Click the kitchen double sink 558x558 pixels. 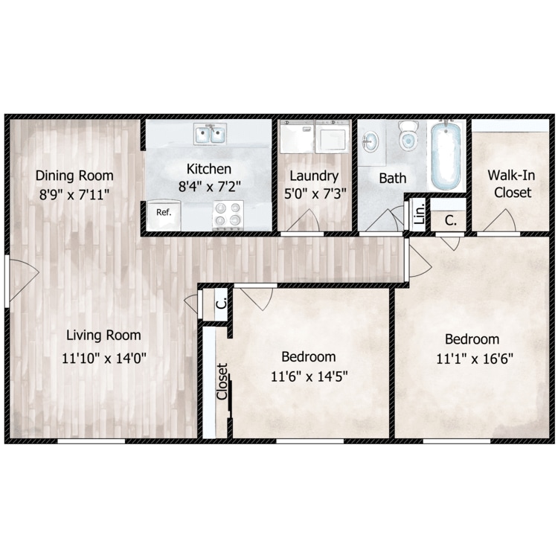coord(211,134)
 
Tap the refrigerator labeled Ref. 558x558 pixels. coord(164,214)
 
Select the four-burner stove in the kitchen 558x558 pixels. coord(228,215)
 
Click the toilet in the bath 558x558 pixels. coord(408,136)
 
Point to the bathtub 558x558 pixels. coord(446,156)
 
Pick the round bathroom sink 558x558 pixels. coord(371,142)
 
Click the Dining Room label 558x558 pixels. coord(74,176)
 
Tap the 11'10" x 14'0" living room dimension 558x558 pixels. coord(104,358)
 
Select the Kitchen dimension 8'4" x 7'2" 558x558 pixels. coord(210,186)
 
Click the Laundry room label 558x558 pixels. coord(314,176)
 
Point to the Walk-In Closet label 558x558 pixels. coord(511,184)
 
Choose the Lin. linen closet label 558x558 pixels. coord(420,214)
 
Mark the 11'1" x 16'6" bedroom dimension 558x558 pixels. coord(475,359)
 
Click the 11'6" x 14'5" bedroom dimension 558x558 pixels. coord(310,376)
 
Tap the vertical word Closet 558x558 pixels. coord(222,381)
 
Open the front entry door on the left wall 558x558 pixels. coord(22,280)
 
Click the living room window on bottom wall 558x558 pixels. coord(92,441)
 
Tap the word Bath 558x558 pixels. coord(393,179)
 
